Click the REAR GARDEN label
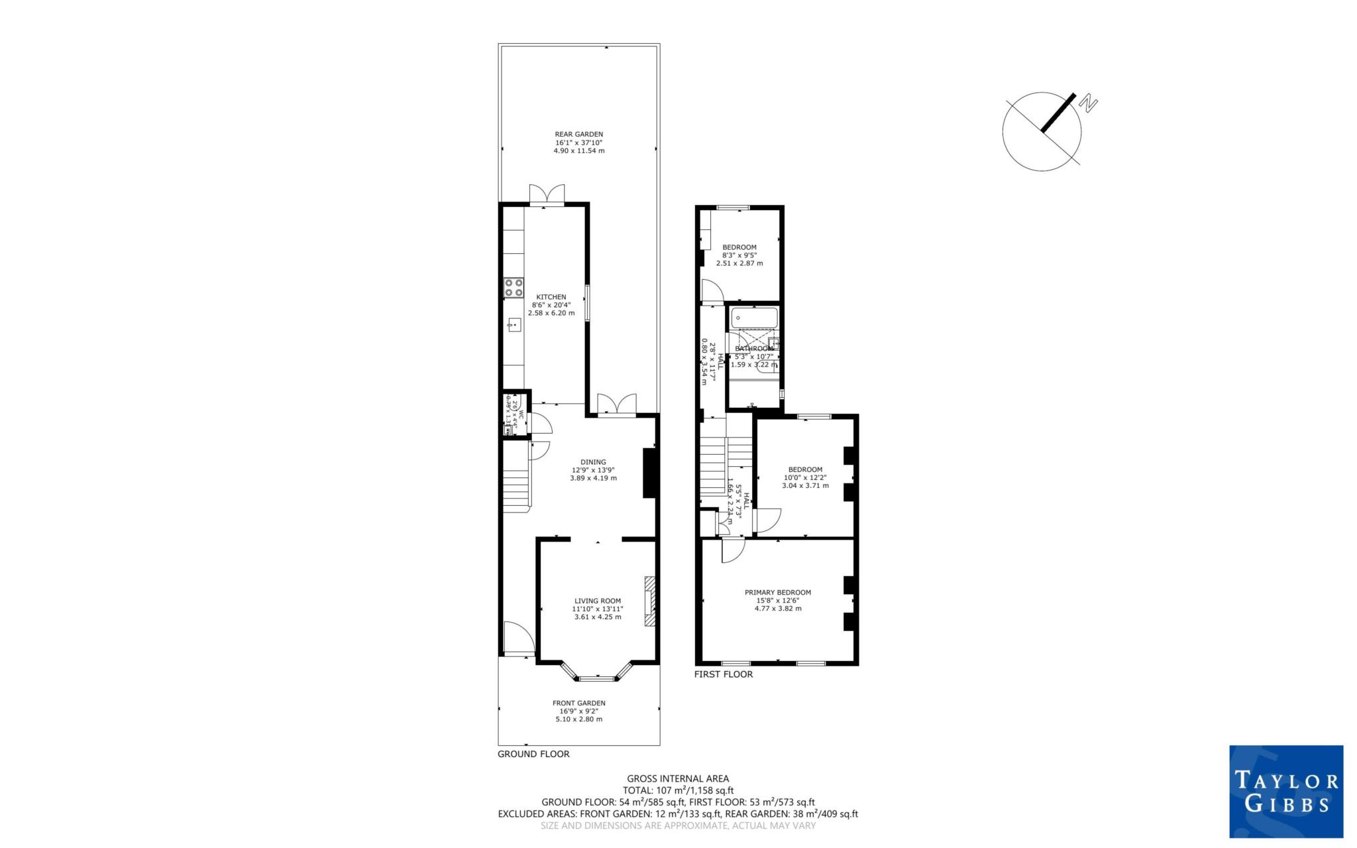pos(578,134)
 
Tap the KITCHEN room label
pos(551,297)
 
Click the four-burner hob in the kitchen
pos(514,288)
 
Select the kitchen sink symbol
pos(514,324)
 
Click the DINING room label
pos(593,462)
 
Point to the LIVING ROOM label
pos(597,601)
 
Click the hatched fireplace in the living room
pos(649,601)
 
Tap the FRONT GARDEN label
pos(578,703)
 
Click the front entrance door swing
pos(517,638)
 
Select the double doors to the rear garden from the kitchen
pos(547,194)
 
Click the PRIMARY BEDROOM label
pos(777,592)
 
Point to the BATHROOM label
pos(753,349)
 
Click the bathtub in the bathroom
pos(754,318)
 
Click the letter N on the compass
pos(1089,103)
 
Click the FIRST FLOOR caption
pos(723,674)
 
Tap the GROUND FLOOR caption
pos(533,754)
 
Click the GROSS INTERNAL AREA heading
pos(678,778)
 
